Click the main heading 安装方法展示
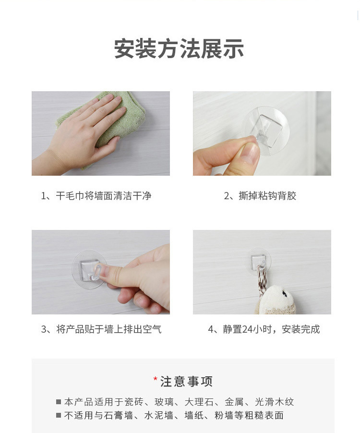pos(179,49)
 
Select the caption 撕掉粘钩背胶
pos(260,196)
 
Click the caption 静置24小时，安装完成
pos(264,329)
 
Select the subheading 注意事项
pos(186,382)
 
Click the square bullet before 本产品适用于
pos(59,402)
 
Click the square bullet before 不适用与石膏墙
pos(59,416)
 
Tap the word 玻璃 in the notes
pos(164,402)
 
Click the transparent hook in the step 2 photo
pos(265,126)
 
